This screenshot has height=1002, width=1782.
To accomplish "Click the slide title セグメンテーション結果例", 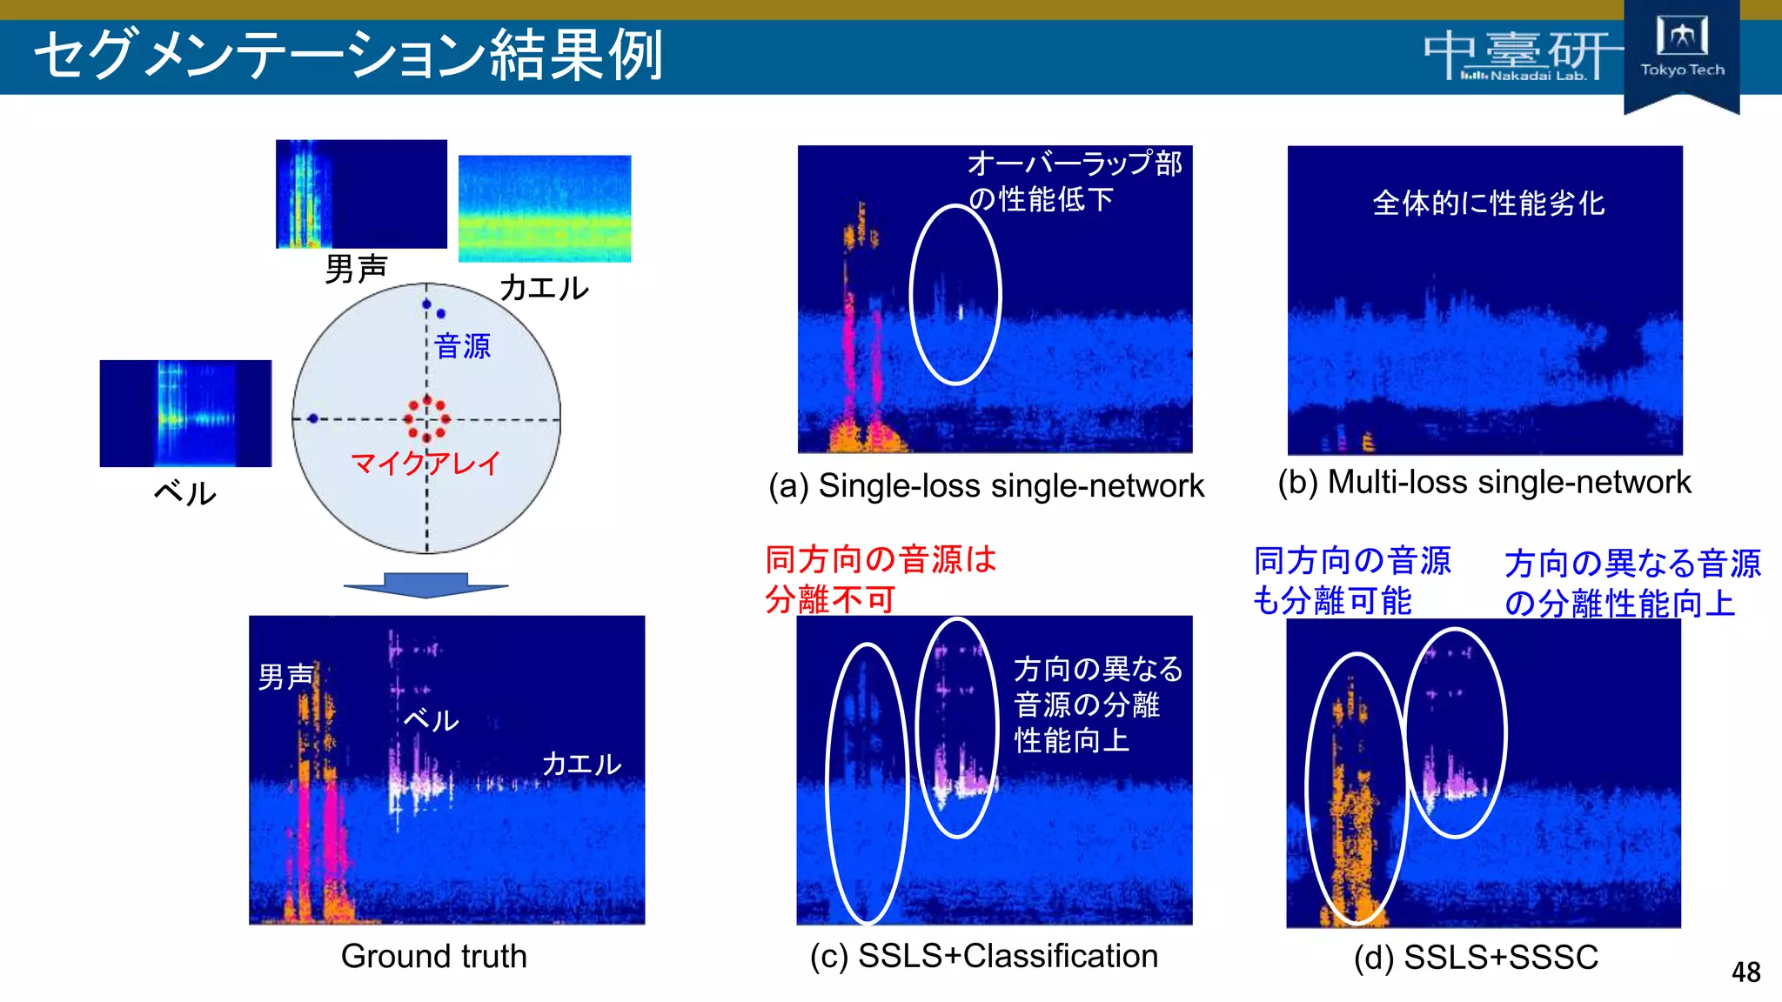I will (x=348, y=54).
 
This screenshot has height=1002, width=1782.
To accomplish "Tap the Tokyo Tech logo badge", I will (x=1681, y=52).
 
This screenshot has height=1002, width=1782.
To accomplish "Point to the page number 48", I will (x=1745, y=972).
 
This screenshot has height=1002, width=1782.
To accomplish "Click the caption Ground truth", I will (x=433, y=956).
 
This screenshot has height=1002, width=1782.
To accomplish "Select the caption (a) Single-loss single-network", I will (x=986, y=485).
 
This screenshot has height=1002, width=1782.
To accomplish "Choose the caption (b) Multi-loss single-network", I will (x=1484, y=482).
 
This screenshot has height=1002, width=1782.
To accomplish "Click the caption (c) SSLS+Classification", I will (x=983, y=956).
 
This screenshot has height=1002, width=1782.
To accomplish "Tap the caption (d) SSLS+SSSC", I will (x=1476, y=957).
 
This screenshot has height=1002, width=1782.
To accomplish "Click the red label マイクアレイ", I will (x=425, y=463).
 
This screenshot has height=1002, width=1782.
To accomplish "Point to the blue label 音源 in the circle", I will (x=462, y=346).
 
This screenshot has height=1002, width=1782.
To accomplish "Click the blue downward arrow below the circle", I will (x=425, y=584).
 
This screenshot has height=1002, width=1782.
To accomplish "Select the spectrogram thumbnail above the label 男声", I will (x=361, y=194).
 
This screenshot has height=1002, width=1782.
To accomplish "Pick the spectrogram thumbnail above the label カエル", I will (x=545, y=209).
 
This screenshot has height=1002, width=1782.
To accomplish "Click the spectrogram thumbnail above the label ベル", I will (x=185, y=413).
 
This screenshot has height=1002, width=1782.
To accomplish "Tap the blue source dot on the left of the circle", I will (x=312, y=418).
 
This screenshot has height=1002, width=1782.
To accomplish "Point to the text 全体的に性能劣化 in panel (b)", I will (x=1488, y=204).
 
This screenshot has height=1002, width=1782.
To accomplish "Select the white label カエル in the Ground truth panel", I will (x=581, y=764).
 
